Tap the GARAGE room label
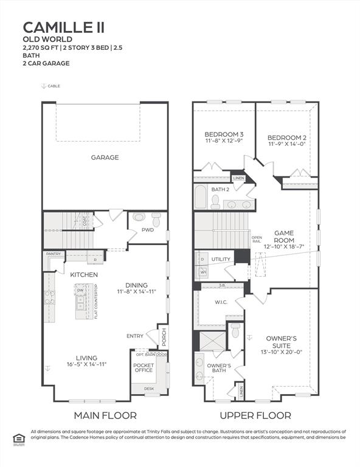tap(105, 157)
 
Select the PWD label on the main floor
tap(147, 230)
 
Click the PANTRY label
tap(51, 254)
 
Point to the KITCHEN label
tap(84, 275)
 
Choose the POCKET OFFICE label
tap(144, 367)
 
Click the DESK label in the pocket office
tap(149, 388)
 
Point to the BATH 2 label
tap(220, 189)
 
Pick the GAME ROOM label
tap(284, 236)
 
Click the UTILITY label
tap(221, 259)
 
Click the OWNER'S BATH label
tap(218, 368)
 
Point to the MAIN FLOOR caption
tap(105, 415)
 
